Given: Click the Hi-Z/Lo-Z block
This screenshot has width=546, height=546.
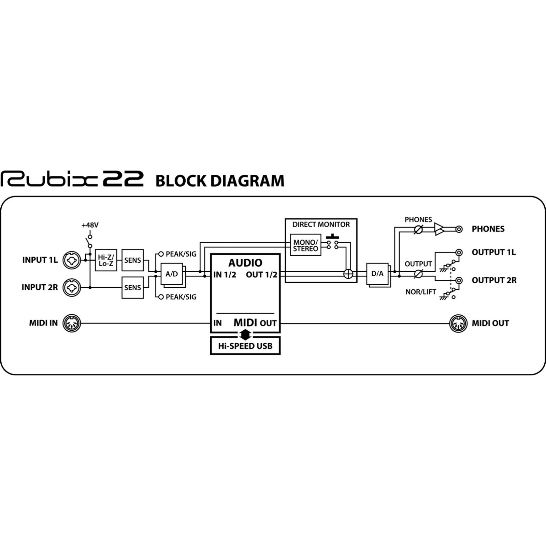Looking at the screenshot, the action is click(106, 260).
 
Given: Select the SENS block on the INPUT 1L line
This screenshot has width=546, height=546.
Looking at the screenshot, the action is click(132, 260).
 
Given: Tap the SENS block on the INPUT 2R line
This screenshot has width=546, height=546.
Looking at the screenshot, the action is click(132, 288).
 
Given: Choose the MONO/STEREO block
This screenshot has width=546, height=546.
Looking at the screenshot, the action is click(305, 245).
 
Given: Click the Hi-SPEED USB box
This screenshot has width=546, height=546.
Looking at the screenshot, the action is click(245, 346).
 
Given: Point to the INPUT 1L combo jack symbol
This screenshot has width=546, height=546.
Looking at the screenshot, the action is click(72, 260).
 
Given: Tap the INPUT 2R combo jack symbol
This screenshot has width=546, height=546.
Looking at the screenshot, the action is click(72, 288).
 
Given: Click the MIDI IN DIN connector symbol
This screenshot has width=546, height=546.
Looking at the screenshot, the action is click(72, 323).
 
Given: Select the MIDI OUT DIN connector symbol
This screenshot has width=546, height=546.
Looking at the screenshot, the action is click(458, 323).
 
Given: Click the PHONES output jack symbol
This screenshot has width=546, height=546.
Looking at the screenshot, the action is click(459, 229).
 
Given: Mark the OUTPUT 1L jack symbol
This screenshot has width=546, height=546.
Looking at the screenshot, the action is click(459, 253).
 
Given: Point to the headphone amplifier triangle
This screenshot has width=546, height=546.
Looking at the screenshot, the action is click(440, 229).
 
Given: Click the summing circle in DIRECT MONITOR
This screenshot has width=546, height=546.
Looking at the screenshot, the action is click(348, 274).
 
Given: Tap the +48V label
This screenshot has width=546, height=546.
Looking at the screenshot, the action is click(90, 225).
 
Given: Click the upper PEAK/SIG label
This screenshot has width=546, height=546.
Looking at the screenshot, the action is click(181, 254).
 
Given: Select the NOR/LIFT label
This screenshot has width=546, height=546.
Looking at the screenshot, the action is click(421, 292).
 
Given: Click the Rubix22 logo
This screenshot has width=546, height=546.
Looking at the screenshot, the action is click(72, 179).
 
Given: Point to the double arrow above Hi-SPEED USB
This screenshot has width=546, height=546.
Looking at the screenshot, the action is click(245, 334).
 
